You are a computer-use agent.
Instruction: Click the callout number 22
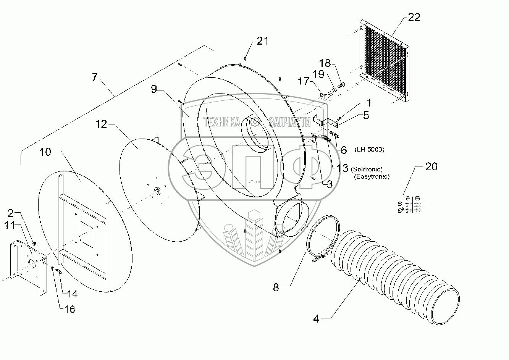414,17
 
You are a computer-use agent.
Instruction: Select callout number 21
262,41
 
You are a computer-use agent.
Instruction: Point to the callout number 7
95,77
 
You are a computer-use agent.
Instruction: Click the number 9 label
154,89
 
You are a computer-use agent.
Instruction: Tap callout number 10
45,152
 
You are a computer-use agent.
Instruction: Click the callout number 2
11,213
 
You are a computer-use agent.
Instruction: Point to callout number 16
69,308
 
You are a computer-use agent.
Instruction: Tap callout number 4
316,319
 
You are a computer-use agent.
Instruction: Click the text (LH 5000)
369,150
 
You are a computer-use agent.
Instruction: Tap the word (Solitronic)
367,169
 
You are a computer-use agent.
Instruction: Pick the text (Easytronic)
371,177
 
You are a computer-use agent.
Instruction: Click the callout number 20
431,167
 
